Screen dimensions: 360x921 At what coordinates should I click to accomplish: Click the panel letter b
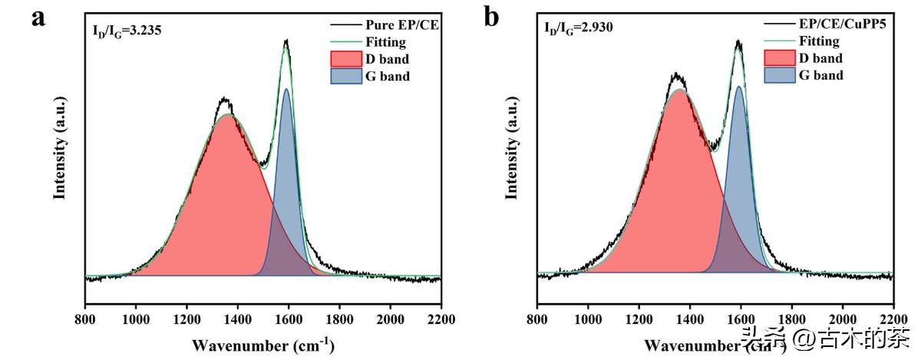[x=491, y=18]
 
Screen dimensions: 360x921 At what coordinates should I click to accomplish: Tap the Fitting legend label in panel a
[x=386, y=42]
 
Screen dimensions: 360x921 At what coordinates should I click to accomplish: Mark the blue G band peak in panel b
[x=738, y=87]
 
